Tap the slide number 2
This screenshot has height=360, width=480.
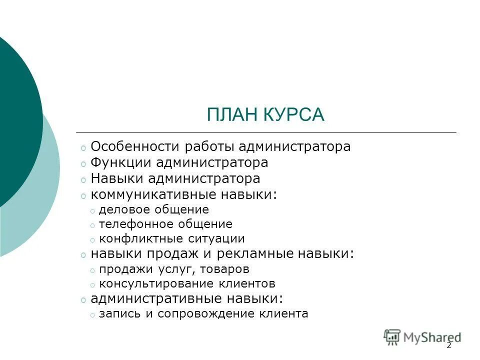click(449, 345)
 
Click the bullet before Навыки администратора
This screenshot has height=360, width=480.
click(83, 179)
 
